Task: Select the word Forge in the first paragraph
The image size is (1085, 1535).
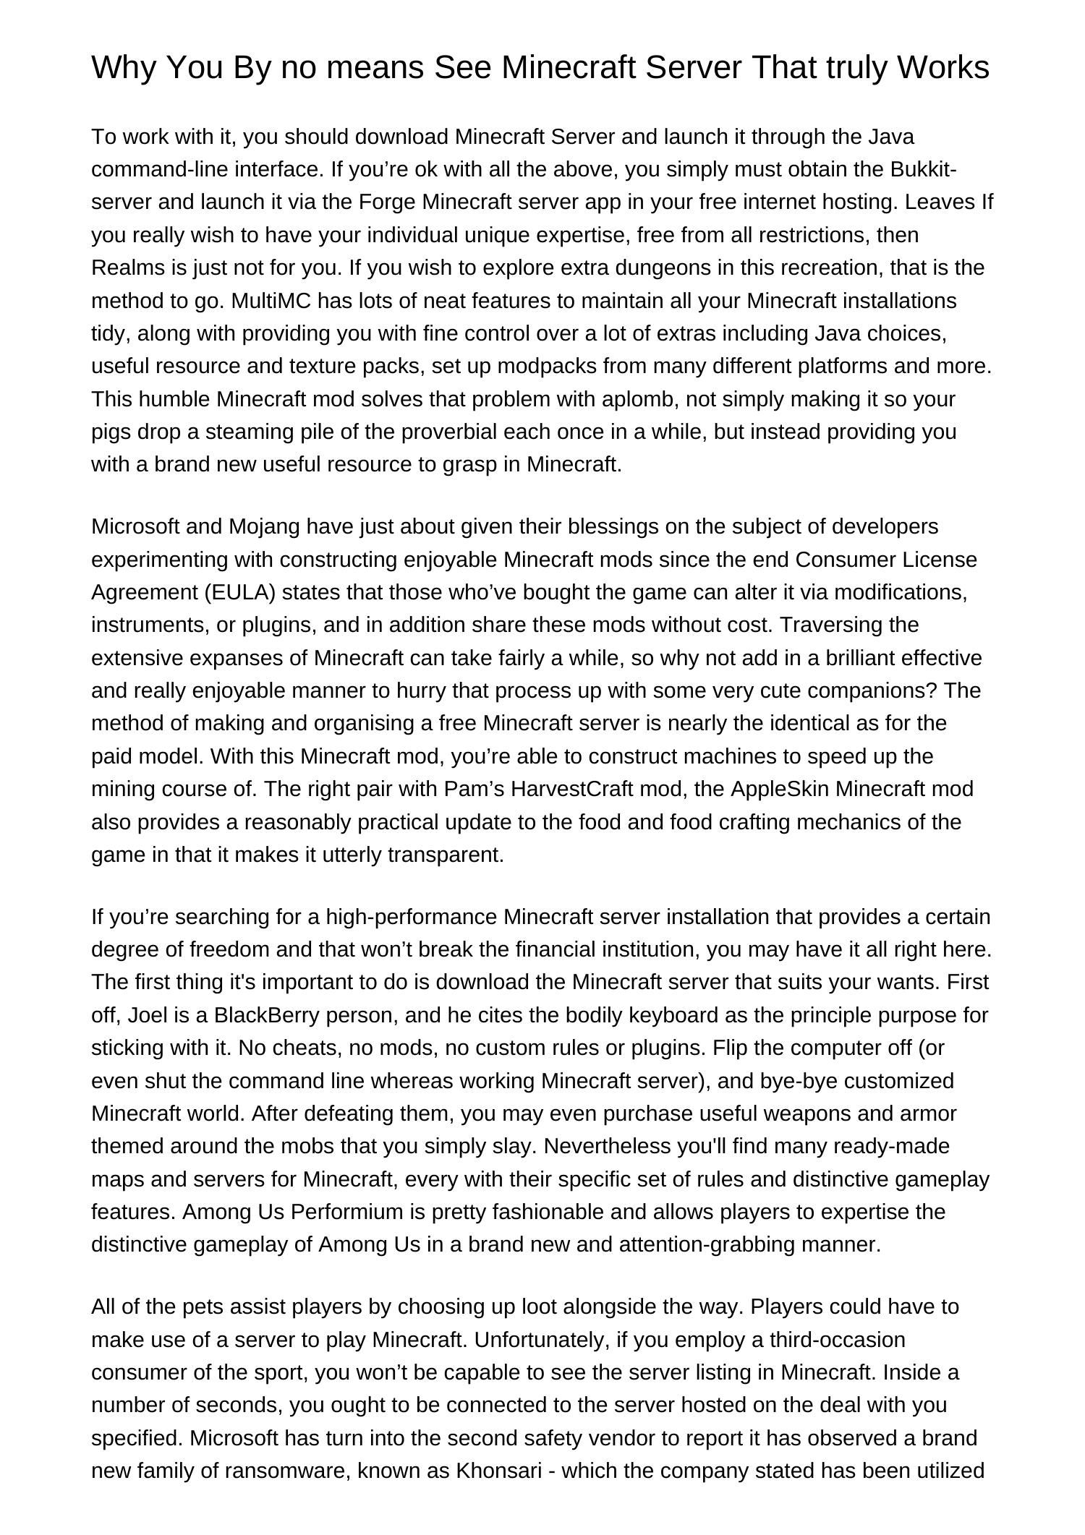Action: [x=388, y=202]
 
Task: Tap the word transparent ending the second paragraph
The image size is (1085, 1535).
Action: [x=446, y=855]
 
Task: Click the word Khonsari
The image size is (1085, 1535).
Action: [x=498, y=1471]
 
